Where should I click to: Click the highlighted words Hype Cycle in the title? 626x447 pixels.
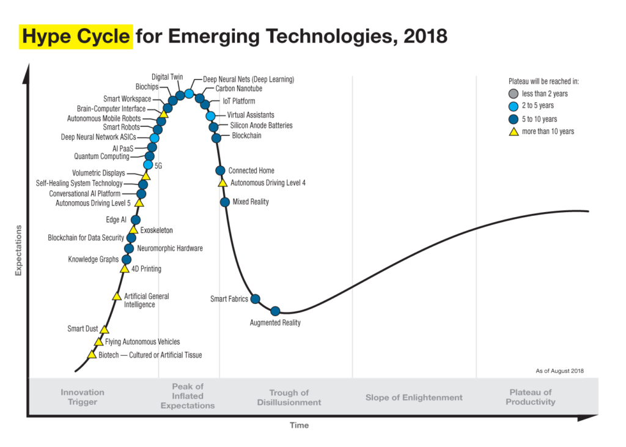click(76, 37)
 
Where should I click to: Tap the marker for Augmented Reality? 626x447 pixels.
click(275, 311)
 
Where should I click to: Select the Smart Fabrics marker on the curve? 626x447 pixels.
click(256, 299)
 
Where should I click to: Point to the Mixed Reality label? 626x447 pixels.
click(251, 202)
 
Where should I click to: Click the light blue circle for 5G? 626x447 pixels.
click(148, 164)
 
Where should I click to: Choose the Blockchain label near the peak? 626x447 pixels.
click(246, 136)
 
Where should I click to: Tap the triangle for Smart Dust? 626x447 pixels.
click(104, 330)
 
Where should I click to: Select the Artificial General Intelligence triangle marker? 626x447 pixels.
click(117, 297)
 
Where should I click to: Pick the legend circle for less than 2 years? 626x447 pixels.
click(514, 94)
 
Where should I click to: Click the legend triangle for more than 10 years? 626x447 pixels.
click(514, 131)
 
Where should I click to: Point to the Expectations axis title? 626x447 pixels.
click(18, 250)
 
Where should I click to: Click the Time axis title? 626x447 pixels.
click(300, 426)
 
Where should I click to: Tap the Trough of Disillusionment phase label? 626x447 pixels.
click(289, 397)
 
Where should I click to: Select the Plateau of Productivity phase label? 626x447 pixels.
click(531, 397)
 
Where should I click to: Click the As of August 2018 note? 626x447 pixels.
click(560, 371)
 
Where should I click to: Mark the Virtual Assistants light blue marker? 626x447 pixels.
click(210, 116)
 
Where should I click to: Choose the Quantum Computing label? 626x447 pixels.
click(101, 157)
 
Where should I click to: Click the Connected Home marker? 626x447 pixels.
click(220, 171)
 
